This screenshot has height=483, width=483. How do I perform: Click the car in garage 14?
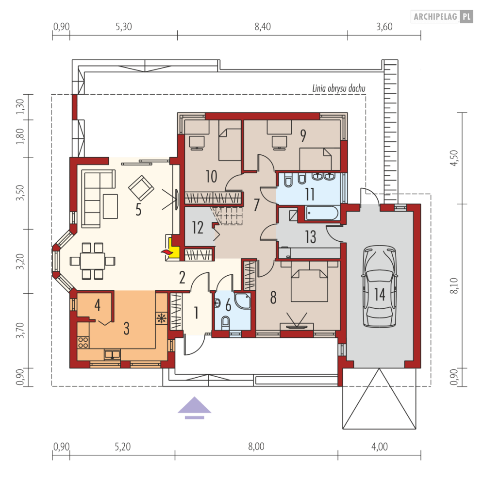(379, 286)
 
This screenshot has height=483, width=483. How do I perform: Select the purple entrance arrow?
(194, 408)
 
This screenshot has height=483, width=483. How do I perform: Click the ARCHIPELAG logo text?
(435, 17)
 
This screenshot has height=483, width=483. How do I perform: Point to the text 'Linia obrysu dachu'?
(339, 88)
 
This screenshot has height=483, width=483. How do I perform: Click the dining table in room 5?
(92, 261)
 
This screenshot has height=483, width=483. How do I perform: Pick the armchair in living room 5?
(141, 188)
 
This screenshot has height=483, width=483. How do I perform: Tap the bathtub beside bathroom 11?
(322, 213)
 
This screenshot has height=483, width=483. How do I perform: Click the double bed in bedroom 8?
(309, 281)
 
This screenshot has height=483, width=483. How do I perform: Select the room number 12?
(198, 228)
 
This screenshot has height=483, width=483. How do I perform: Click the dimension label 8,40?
(263, 27)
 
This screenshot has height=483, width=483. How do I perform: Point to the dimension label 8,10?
(454, 285)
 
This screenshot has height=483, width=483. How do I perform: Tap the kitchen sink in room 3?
(112, 354)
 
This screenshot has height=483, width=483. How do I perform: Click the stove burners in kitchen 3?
(83, 342)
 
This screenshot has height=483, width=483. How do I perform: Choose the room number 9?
(303, 136)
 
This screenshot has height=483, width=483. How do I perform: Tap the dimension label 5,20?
(123, 447)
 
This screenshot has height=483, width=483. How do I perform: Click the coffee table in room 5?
(110, 206)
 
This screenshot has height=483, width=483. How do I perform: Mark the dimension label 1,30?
(20, 107)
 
